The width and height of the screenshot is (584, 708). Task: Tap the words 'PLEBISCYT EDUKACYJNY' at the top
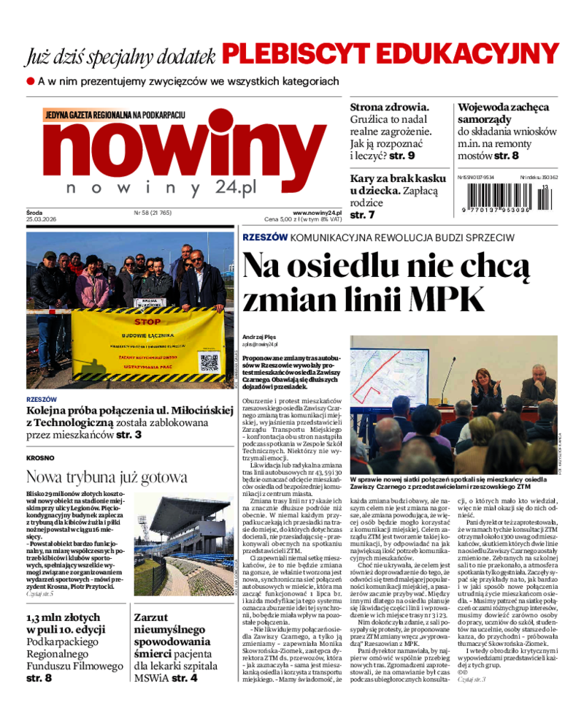point(391,53)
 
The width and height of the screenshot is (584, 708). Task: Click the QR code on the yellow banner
point(209,362)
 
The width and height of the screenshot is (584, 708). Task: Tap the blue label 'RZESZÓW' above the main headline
point(264,237)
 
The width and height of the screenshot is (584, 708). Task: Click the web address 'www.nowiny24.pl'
point(317,212)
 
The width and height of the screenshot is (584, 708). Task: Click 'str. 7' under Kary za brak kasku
point(362,215)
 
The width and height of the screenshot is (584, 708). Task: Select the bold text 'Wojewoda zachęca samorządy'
point(503,113)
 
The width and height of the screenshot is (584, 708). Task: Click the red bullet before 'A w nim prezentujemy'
point(31,81)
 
